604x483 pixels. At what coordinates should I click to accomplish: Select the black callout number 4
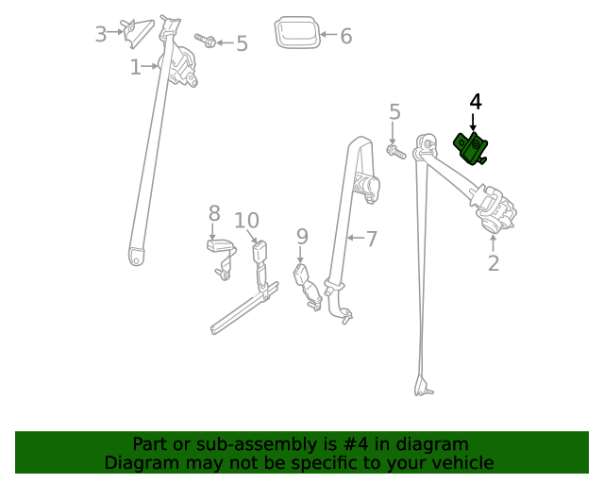pyautogui.click(x=476, y=101)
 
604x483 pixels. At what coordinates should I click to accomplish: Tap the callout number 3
pyautogui.click(x=101, y=35)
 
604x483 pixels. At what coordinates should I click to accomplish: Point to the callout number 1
pyautogui.click(x=135, y=67)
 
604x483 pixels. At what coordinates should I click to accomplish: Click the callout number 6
pyautogui.click(x=345, y=37)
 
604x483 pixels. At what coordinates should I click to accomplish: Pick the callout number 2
pyautogui.click(x=493, y=263)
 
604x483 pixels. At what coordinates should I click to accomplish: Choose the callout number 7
pyautogui.click(x=371, y=240)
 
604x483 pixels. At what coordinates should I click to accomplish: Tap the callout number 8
pyautogui.click(x=214, y=213)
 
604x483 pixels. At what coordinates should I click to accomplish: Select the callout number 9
pyautogui.click(x=302, y=236)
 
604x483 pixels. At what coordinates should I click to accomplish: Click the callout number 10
pyautogui.click(x=246, y=221)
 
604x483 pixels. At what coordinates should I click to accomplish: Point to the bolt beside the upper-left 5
pyautogui.click(x=207, y=41)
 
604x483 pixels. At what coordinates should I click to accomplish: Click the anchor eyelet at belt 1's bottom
pyautogui.click(x=137, y=255)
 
